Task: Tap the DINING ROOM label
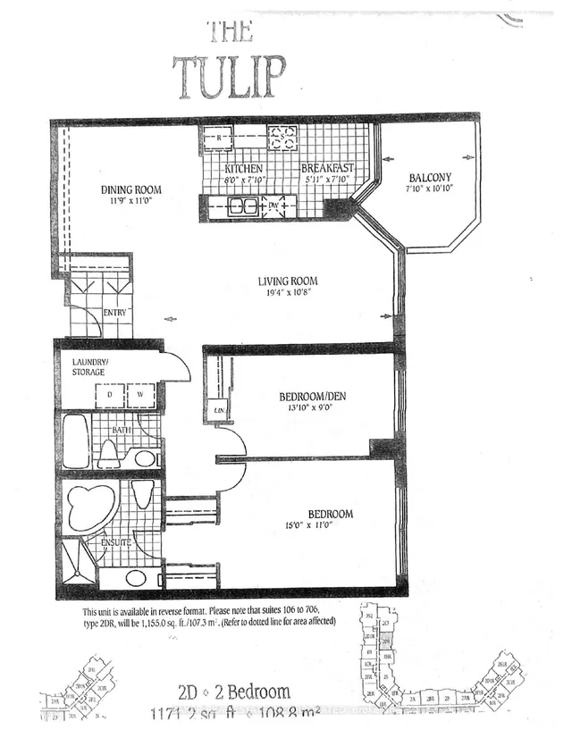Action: click(x=130, y=189)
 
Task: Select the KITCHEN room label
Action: click(x=243, y=169)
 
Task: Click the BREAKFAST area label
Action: click(x=327, y=169)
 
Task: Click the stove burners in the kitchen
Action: click(x=283, y=138)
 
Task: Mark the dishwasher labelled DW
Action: click(x=273, y=206)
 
